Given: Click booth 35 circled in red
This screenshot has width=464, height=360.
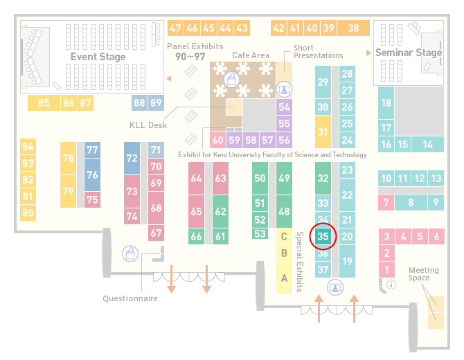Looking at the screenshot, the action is point(323,236).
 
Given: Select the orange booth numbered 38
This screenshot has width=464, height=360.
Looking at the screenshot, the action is point(353,28).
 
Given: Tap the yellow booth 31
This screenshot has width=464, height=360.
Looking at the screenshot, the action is point(323,132).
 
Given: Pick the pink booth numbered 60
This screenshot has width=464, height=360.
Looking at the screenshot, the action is point(217,140).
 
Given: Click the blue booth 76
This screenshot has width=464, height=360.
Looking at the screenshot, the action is point(92,174).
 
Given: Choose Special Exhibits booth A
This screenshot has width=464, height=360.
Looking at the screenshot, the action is point(284,278).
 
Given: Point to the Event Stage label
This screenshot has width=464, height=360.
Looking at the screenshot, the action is point(98,57).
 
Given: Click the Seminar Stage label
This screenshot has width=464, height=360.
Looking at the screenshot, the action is point(409,53).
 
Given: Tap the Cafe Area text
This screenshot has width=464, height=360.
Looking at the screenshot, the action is point(251,55).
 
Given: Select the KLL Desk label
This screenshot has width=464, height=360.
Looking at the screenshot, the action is point(148,125).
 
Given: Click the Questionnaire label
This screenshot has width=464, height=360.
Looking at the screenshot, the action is point(130,298).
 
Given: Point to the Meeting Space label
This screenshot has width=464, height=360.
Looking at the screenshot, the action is point(423,274).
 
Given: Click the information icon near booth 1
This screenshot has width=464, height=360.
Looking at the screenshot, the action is point(391,285).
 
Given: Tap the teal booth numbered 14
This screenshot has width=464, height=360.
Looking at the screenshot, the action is point(427,145).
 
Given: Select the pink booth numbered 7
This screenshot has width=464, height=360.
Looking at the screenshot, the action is point(386,203).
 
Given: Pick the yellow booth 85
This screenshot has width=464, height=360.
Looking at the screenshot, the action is point(44,103).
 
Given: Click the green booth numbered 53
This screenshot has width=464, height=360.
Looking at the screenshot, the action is point(260,234).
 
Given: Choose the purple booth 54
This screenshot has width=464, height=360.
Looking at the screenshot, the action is point(284,107).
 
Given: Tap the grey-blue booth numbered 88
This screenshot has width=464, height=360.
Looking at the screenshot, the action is point(139,103).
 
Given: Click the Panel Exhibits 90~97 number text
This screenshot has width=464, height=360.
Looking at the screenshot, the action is point(190,57).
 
